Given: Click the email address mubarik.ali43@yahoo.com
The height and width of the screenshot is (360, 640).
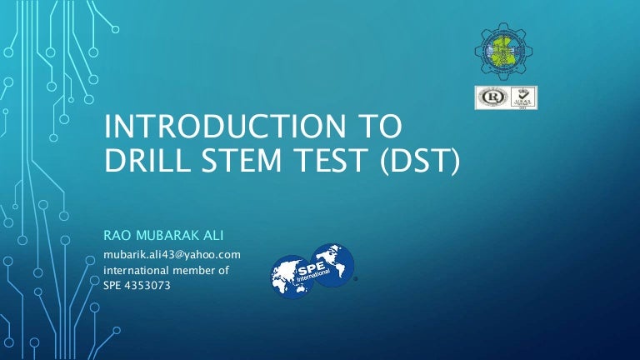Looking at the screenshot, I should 172,254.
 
